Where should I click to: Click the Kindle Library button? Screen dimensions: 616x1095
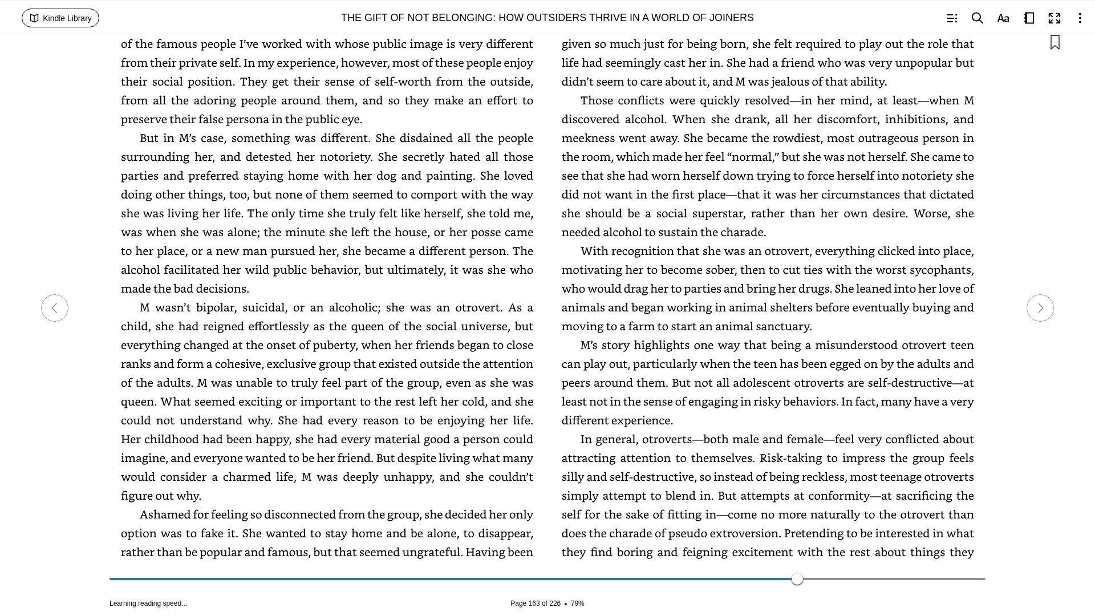tap(60, 18)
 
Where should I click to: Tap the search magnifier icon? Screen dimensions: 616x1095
tap(977, 18)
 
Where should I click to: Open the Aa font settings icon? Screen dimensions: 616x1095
tap(1003, 18)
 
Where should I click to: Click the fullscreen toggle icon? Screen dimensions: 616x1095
tap(1054, 18)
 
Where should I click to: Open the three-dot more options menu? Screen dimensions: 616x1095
tap(1080, 18)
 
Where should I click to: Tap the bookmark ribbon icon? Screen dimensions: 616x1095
tap(1055, 43)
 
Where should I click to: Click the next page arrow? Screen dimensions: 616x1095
tap(1040, 308)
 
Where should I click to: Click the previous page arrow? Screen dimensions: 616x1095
tap(55, 308)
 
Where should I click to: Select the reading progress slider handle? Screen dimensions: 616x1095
tap(797, 579)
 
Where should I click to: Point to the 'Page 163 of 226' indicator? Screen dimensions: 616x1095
tap(535, 603)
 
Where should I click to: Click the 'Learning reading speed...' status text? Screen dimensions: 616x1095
tap(148, 603)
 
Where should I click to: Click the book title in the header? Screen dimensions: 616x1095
tap(547, 18)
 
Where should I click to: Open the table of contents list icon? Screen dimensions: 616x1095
tap(951, 18)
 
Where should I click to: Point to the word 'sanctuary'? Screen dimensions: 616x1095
tap(783, 327)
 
